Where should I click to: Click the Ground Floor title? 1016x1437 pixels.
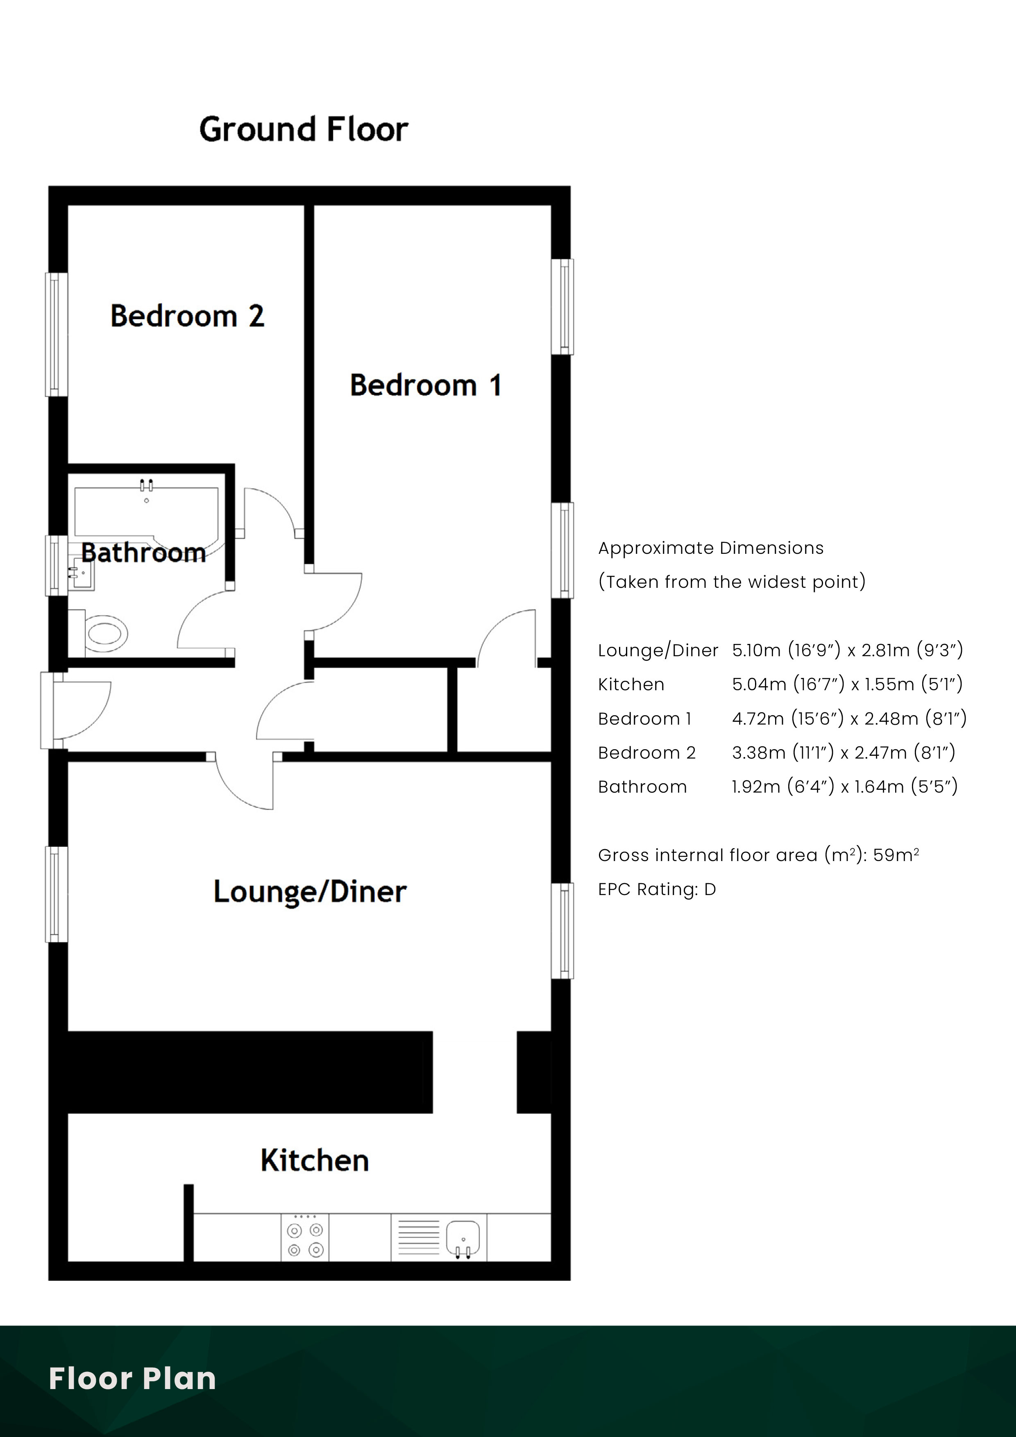point(304,129)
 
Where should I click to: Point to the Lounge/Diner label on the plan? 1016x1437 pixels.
point(310,891)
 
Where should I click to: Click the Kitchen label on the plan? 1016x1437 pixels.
point(314,1160)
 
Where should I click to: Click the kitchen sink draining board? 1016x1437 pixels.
point(419,1238)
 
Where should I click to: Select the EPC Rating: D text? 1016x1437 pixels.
point(657,889)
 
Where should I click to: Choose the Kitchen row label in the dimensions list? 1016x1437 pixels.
point(631,685)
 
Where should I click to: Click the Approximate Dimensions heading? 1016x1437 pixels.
point(710,548)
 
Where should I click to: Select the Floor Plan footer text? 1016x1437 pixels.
point(133,1378)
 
